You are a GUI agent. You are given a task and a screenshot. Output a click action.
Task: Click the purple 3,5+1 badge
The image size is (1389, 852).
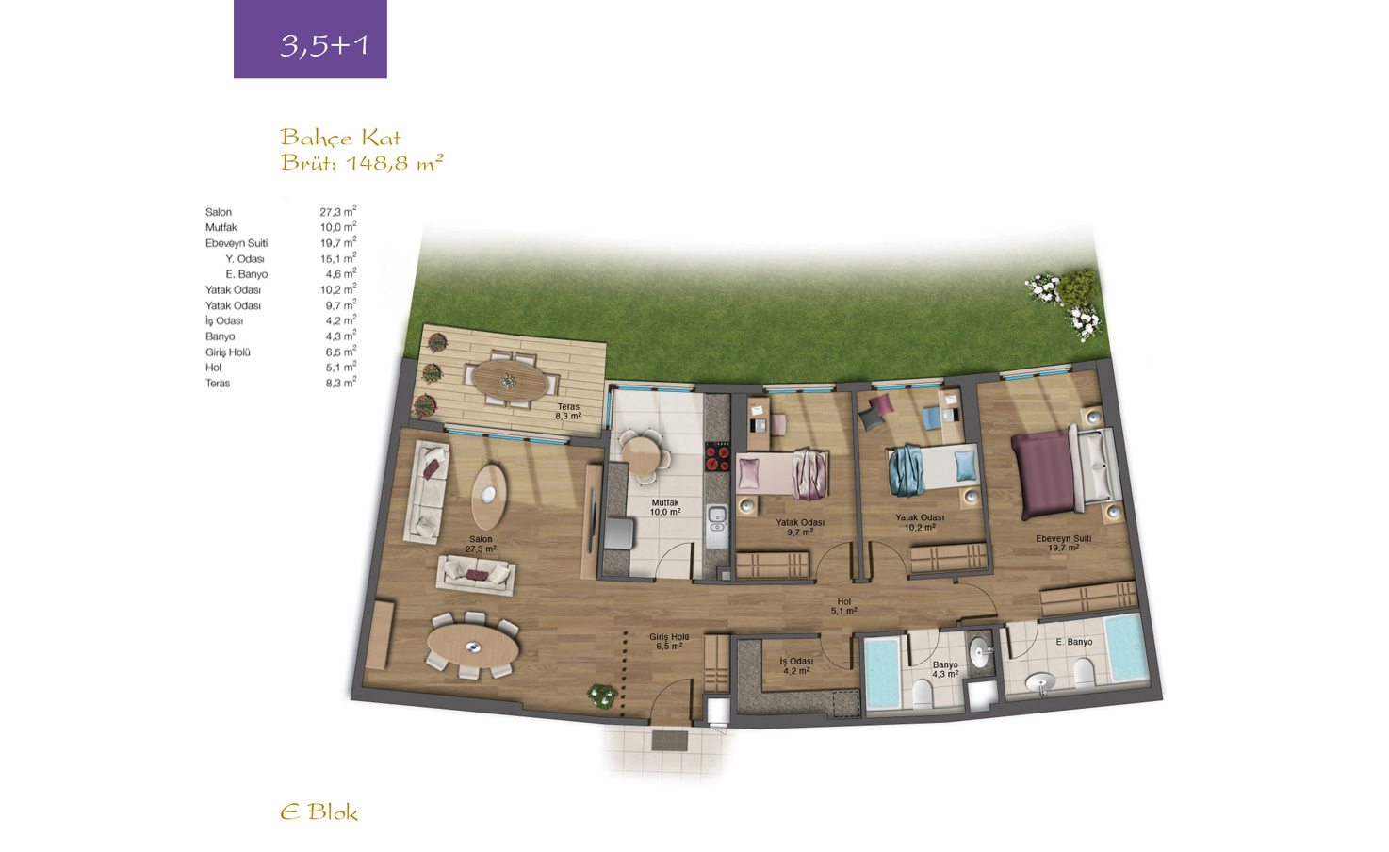pos(310,39)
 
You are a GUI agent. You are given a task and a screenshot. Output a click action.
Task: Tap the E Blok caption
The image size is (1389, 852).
pos(319,812)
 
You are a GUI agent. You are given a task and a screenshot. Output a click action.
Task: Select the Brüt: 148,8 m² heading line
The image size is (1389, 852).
pos(362,162)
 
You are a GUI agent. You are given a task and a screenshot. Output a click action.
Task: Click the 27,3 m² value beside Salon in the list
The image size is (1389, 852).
pos(338,211)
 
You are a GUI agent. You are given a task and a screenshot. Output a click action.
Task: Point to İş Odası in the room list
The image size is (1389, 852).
pos(224,320)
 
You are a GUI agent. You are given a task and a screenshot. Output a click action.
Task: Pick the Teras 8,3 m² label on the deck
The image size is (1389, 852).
pos(568,412)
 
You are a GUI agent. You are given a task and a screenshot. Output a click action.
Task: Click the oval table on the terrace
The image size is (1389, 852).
pos(510,380)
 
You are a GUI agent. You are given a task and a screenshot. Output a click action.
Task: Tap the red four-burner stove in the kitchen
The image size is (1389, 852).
pos(718,458)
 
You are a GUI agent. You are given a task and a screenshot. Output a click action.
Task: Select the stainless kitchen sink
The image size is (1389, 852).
pos(717,527)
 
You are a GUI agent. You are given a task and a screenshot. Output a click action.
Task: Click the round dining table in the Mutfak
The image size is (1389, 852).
pos(642,456)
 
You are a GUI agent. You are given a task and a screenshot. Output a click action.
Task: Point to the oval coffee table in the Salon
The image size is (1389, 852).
pos(489,497)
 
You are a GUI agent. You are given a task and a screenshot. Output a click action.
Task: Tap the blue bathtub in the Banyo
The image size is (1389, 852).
pos(882,673)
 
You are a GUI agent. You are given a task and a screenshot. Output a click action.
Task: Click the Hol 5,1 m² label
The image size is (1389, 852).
pos(844,606)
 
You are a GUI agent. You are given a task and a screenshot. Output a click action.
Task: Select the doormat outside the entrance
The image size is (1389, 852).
pos(670,741)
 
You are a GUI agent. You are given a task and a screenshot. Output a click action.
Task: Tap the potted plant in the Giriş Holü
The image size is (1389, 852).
pos(602,696)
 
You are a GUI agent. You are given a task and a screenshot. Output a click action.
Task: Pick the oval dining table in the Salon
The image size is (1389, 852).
pos(472,647)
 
